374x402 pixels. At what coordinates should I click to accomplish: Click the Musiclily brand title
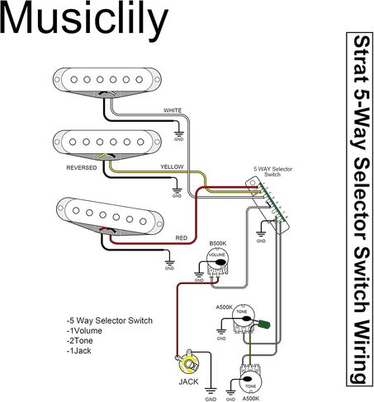tap(84, 20)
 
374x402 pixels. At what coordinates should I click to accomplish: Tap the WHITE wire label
tap(173, 110)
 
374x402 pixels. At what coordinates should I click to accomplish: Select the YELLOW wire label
tap(172, 166)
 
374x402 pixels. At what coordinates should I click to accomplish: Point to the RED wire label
tap(182, 238)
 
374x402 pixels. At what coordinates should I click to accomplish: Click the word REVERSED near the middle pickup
tap(82, 168)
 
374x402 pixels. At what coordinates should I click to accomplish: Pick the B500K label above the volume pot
tap(218, 244)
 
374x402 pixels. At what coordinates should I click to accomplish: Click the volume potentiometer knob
tap(217, 261)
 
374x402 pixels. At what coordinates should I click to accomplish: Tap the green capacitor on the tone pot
tap(265, 325)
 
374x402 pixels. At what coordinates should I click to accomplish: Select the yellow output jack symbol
tap(189, 364)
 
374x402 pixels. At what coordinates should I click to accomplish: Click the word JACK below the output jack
tap(188, 381)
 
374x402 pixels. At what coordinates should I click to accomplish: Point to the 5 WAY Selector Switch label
tap(272, 171)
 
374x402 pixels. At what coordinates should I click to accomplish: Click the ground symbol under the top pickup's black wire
tap(179, 134)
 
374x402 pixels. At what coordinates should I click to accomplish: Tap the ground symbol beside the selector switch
tap(261, 234)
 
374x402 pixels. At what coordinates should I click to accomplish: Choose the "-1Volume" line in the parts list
tap(84, 330)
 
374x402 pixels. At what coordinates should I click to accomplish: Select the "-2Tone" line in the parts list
tap(79, 341)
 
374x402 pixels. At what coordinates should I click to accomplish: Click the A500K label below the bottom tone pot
tap(251, 398)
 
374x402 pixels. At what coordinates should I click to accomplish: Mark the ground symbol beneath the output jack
tap(211, 391)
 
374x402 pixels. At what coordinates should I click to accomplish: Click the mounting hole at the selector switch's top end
tap(253, 183)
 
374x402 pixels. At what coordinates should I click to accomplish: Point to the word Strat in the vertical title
tap(360, 59)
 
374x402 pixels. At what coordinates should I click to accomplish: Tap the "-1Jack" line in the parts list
tap(78, 351)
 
